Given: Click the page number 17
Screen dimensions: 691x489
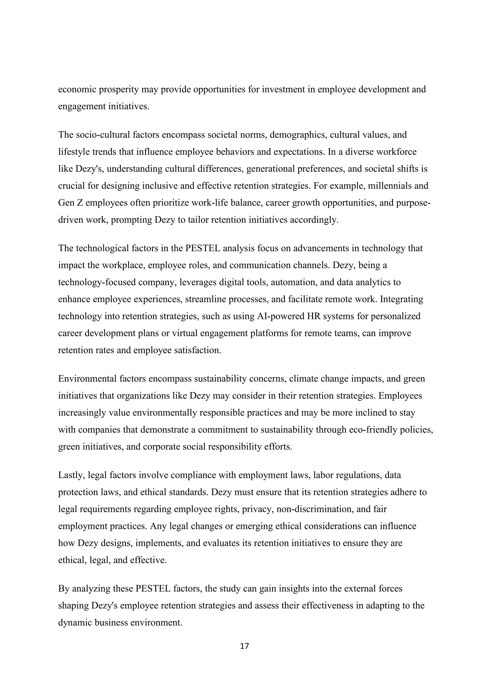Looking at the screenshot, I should click(x=244, y=646).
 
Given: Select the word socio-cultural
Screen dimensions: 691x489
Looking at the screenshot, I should click(x=102, y=135).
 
